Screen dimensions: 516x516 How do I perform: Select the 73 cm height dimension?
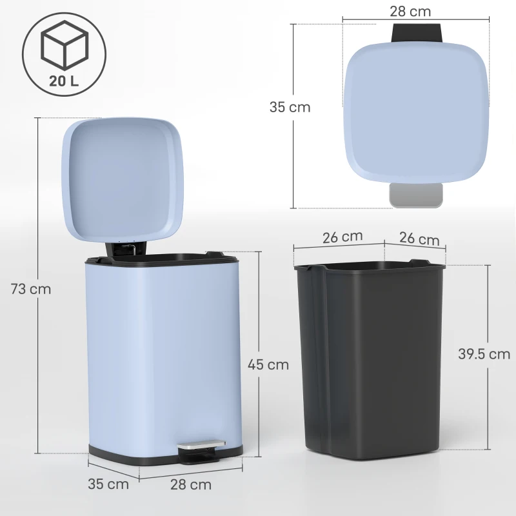(x=30, y=289)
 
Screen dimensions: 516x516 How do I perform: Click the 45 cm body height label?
(x=268, y=364)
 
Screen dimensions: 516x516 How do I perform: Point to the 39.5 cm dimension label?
(x=484, y=353)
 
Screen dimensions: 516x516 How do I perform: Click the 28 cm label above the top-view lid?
(x=410, y=11)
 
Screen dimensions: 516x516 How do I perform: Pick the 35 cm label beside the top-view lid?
(x=290, y=107)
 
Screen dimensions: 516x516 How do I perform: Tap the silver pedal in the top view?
(x=416, y=195)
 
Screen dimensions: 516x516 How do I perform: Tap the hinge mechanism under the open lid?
(x=123, y=248)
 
